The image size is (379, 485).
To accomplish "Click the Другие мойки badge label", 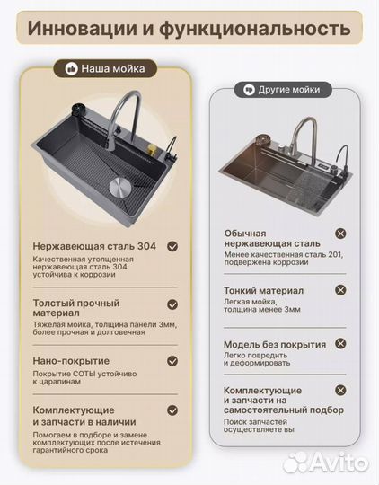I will (x=290, y=91).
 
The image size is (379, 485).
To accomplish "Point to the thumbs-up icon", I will (x=71, y=68).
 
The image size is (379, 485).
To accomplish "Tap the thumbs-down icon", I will (x=250, y=91).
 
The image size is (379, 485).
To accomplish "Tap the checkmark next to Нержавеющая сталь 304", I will (x=172, y=245).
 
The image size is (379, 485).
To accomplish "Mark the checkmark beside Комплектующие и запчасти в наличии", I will (x=172, y=411).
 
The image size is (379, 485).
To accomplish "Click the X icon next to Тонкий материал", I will (x=340, y=290).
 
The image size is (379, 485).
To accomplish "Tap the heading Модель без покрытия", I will (x=275, y=345).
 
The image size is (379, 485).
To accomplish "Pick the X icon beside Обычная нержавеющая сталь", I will (x=340, y=234).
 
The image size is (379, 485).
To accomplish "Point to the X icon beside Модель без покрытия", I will (x=340, y=345).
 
